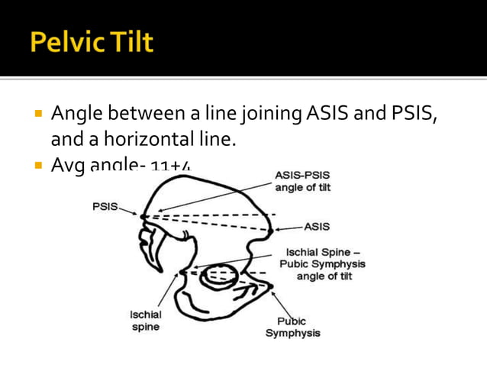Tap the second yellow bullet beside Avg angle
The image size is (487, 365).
click(35, 166)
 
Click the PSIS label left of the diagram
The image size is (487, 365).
click(104, 207)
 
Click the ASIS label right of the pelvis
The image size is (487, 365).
click(317, 227)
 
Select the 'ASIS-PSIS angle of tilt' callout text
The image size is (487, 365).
click(303, 182)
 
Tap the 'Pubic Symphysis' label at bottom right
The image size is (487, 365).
click(292, 327)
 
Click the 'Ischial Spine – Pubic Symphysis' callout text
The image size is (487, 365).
click(324, 263)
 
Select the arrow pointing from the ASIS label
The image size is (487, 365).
click(289, 228)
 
